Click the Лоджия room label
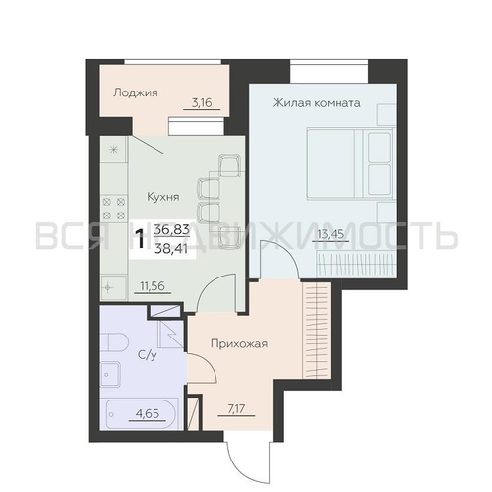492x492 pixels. pyautogui.click(x=136, y=93)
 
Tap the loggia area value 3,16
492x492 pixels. pyautogui.click(x=202, y=103)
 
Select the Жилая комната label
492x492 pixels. pyautogui.click(x=317, y=103)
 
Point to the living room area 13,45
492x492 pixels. pyautogui.click(x=331, y=234)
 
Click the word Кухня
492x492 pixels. pyautogui.click(x=163, y=197)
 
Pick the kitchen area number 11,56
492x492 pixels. pyautogui.click(x=153, y=286)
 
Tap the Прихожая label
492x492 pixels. pyautogui.click(x=239, y=344)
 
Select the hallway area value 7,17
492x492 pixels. pyautogui.click(x=236, y=409)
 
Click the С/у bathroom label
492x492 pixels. pyautogui.click(x=148, y=355)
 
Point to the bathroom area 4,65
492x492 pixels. pyautogui.click(x=148, y=413)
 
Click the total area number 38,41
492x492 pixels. pyautogui.click(x=171, y=249)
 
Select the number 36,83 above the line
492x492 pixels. pyautogui.click(x=172, y=229)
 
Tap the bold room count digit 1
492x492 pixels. pyautogui.click(x=142, y=239)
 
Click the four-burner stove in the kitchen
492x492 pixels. pyautogui.click(x=113, y=209)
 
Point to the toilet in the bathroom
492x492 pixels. pyautogui.click(x=114, y=342)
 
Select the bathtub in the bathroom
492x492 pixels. pyautogui.click(x=139, y=413)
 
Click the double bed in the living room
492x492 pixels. pyautogui.click(x=349, y=164)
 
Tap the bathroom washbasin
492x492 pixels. pyautogui.click(x=110, y=374)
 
